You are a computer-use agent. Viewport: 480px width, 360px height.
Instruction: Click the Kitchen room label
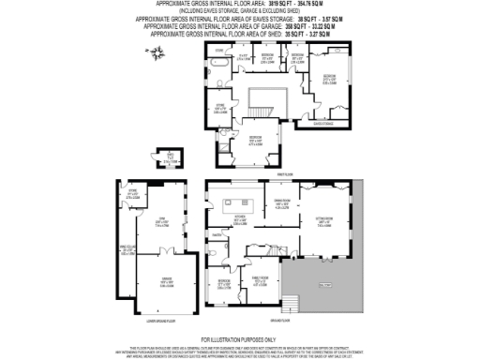(x=241, y=220)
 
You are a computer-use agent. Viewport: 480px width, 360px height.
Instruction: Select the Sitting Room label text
(x=325, y=221)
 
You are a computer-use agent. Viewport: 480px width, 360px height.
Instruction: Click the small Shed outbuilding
(x=169, y=159)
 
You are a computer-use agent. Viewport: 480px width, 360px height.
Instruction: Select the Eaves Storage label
(x=322, y=123)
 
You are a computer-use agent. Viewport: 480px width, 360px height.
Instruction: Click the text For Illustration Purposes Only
(x=239, y=338)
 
